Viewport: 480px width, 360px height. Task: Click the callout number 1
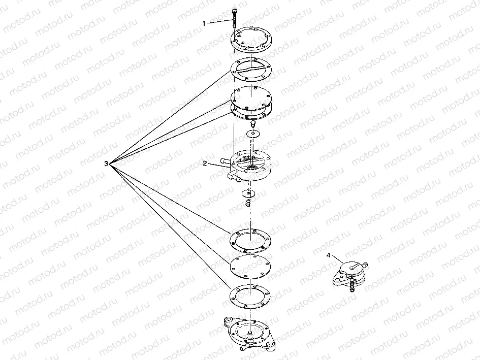pyautogui.click(x=204, y=23)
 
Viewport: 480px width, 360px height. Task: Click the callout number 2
pyautogui.click(x=205, y=163)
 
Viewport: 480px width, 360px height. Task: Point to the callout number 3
pyautogui.click(x=106, y=163)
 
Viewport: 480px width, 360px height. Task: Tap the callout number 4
pyautogui.click(x=329, y=255)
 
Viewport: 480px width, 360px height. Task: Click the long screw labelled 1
pyautogui.click(x=235, y=18)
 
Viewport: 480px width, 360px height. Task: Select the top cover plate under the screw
pyautogui.click(x=251, y=40)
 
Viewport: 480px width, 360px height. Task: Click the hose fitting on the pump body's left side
pyautogui.click(x=226, y=160)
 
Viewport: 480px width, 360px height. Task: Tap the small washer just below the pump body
pyautogui.click(x=248, y=193)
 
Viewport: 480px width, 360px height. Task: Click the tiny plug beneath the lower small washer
pyautogui.click(x=248, y=203)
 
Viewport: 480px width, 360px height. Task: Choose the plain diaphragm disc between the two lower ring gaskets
pyautogui.click(x=250, y=267)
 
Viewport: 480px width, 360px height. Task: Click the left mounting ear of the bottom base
pyautogui.click(x=228, y=321)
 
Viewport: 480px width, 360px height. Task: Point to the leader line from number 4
pyautogui.click(x=338, y=259)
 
